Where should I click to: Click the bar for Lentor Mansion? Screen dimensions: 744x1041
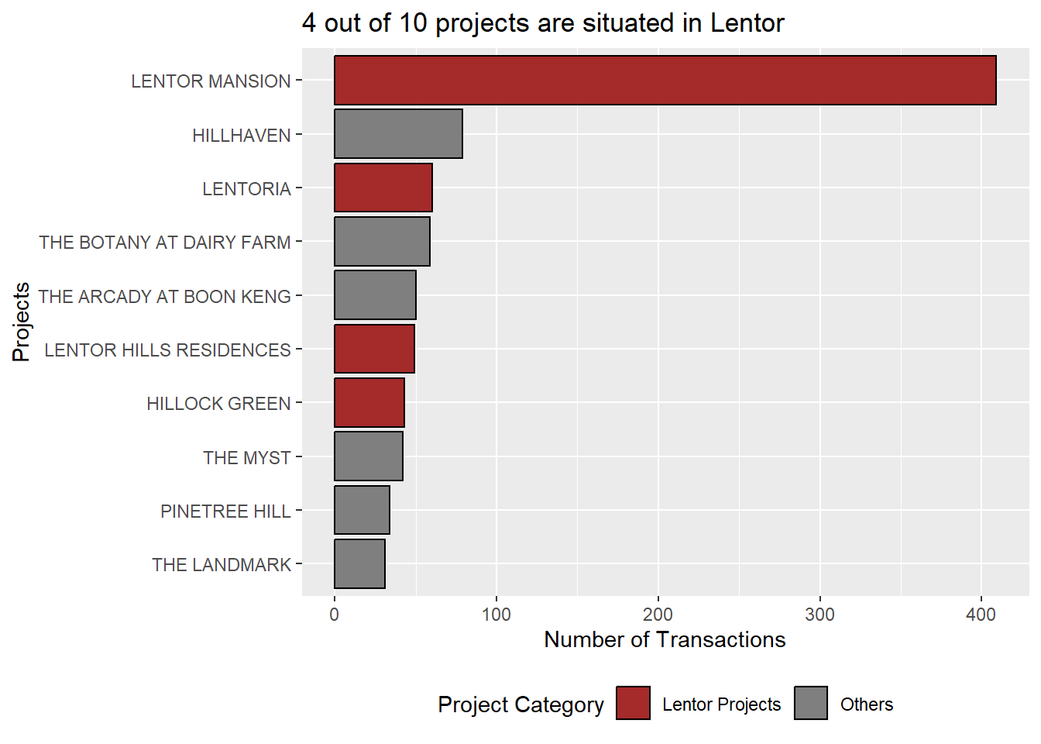click(x=665, y=80)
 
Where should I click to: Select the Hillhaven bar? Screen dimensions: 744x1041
click(x=398, y=134)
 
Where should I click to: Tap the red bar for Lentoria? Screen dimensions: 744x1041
click(x=383, y=188)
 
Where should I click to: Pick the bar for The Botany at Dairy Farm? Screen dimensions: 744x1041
click(x=382, y=242)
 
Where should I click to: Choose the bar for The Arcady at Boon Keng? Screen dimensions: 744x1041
click(x=375, y=295)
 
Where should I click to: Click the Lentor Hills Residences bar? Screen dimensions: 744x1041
click(x=374, y=349)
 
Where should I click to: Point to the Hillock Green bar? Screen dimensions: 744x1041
click(x=369, y=402)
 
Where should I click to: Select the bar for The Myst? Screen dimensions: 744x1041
click(x=369, y=456)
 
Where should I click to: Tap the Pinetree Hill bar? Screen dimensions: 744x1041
click(x=362, y=510)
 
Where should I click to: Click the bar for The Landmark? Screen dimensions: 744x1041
click(x=359, y=563)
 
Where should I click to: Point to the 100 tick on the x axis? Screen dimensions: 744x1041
click(x=496, y=615)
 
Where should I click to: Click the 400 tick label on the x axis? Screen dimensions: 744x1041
click(x=981, y=615)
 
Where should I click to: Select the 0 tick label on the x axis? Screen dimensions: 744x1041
click(x=335, y=615)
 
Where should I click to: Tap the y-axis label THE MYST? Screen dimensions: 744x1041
click(x=247, y=458)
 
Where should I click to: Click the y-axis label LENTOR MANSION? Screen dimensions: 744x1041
click(x=211, y=81)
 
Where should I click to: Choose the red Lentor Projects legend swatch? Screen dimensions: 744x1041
click(x=633, y=703)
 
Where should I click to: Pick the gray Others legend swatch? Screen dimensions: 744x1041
click(x=810, y=703)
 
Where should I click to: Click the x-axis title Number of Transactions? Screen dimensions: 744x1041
click(x=665, y=639)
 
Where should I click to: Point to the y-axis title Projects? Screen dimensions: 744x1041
click(x=22, y=322)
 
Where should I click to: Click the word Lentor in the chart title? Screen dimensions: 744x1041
click(x=747, y=23)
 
